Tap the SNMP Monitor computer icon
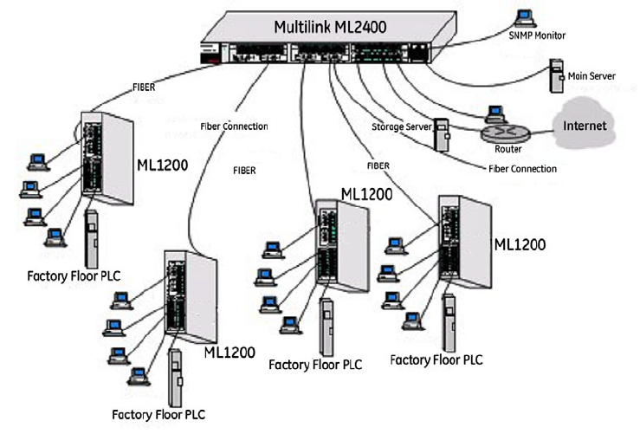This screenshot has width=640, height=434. point(522,16)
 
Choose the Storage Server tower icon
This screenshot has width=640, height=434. point(441,134)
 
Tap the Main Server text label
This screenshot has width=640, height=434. point(592,76)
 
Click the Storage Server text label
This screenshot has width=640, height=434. point(400,126)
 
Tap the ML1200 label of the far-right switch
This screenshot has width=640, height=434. point(520,244)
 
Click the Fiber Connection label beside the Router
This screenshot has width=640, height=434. point(523,168)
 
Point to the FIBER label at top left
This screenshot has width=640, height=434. point(145,87)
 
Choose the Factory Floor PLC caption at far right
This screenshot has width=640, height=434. point(437,359)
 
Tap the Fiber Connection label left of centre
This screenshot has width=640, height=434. point(233,126)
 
